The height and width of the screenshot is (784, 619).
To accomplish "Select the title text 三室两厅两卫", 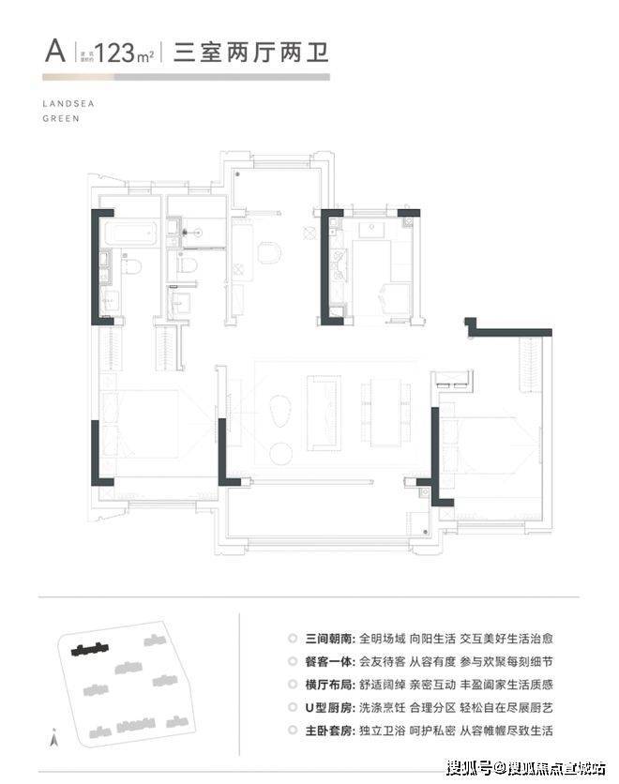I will click(252, 52).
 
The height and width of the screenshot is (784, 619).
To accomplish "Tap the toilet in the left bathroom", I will click(132, 267).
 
